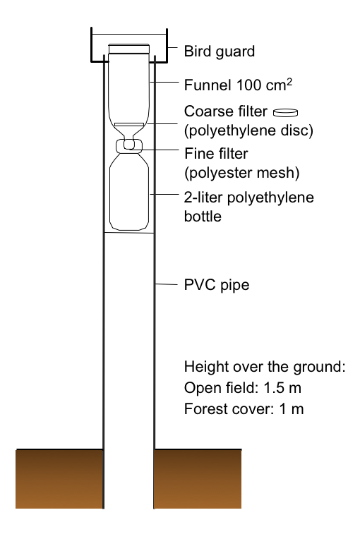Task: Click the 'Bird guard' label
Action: [220, 51]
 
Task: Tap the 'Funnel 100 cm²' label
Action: [238, 85]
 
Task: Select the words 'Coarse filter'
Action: [225, 111]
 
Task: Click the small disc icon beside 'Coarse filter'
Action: [285, 112]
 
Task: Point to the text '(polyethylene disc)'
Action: [248, 131]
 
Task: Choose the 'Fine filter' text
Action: [216, 154]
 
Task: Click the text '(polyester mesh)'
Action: [242, 173]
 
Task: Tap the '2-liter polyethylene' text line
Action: [249, 198]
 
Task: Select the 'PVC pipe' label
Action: [217, 285]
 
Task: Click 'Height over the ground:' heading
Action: [265, 367]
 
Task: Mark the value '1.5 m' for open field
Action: [282, 387]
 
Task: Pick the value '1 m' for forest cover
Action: [292, 409]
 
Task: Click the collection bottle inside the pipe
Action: [129, 191]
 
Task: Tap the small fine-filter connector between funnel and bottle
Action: [129, 145]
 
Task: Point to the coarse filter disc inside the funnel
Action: [129, 125]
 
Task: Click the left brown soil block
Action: [59, 479]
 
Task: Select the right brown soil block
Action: [198, 479]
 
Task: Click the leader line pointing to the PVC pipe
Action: [167, 284]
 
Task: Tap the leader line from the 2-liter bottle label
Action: [164, 194]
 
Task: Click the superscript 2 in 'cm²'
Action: [289, 82]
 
